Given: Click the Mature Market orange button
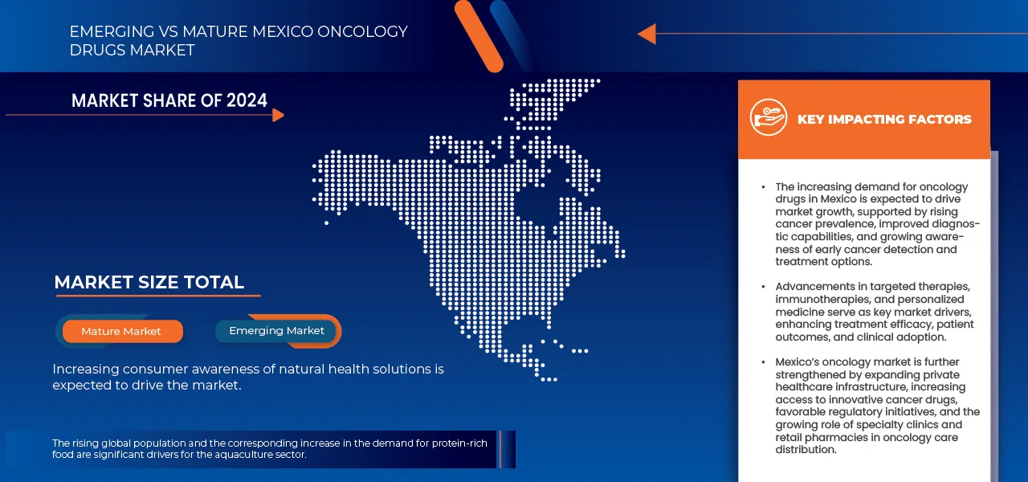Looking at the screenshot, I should pyautogui.click(x=121, y=331).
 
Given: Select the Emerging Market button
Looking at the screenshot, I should pyautogui.click(x=276, y=330).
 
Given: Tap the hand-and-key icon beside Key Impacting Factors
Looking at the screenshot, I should pyautogui.click(x=768, y=118).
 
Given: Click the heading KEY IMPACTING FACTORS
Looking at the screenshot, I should pyautogui.click(x=884, y=119).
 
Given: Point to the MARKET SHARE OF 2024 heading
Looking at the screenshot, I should pyautogui.click(x=169, y=100).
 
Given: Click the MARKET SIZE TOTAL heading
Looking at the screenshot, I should pyautogui.click(x=149, y=282).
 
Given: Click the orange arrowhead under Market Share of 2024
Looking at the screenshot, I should pyautogui.click(x=278, y=115).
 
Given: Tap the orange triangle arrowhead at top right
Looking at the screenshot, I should pyautogui.click(x=647, y=34).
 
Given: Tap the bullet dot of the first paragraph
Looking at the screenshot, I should pyautogui.click(x=764, y=187).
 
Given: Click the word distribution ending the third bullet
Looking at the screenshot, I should pyautogui.click(x=806, y=450).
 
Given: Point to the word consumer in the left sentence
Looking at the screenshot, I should pyautogui.click(x=149, y=369).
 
